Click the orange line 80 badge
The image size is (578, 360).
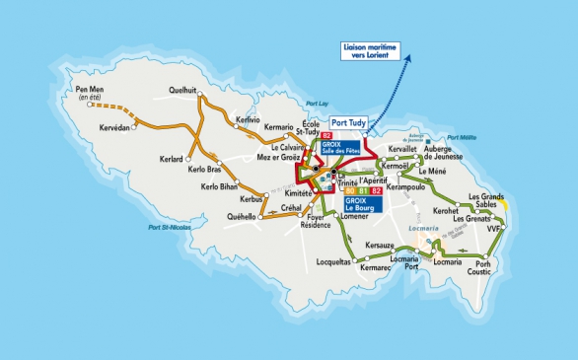click(x=352, y=190)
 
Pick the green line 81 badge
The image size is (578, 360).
click(x=364, y=190)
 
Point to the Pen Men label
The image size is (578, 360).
click(x=89, y=94)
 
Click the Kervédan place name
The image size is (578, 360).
click(x=114, y=129)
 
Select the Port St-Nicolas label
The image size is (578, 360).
click(x=169, y=228)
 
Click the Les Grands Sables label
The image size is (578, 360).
click(x=486, y=202)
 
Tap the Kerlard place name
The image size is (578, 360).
click(x=172, y=159)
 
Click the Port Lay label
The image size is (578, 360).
click(x=316, y=104)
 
